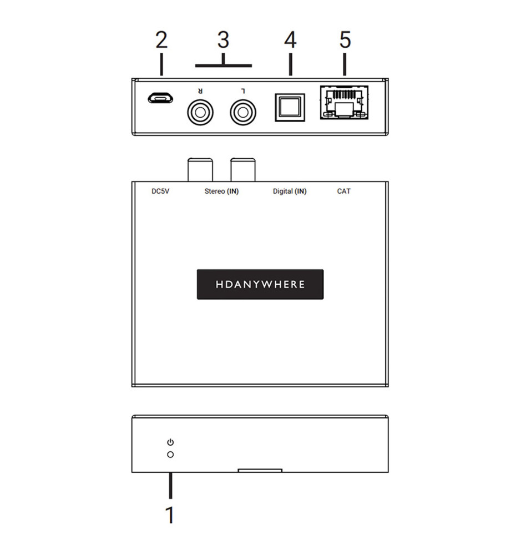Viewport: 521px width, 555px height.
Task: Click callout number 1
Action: [170, 514]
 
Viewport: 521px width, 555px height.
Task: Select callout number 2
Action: [161, 41]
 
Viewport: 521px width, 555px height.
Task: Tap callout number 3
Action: [223, 41]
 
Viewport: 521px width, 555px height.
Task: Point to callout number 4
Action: [290, 41]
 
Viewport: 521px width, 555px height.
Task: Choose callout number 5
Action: [345, 41]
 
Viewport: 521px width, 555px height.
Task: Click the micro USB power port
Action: [160, 99]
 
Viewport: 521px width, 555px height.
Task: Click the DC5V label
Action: [161, 191]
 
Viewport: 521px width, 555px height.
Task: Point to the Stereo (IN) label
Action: [221, 191]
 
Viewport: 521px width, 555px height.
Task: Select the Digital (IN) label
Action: [290, 191]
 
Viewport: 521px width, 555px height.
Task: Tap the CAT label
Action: [344, 191]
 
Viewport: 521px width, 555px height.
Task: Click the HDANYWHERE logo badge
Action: [260, 284]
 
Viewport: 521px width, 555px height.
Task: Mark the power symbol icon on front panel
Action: [170, 442]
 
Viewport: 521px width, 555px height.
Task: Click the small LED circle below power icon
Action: [170, 455]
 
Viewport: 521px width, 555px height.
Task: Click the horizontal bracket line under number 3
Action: [223, 65]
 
